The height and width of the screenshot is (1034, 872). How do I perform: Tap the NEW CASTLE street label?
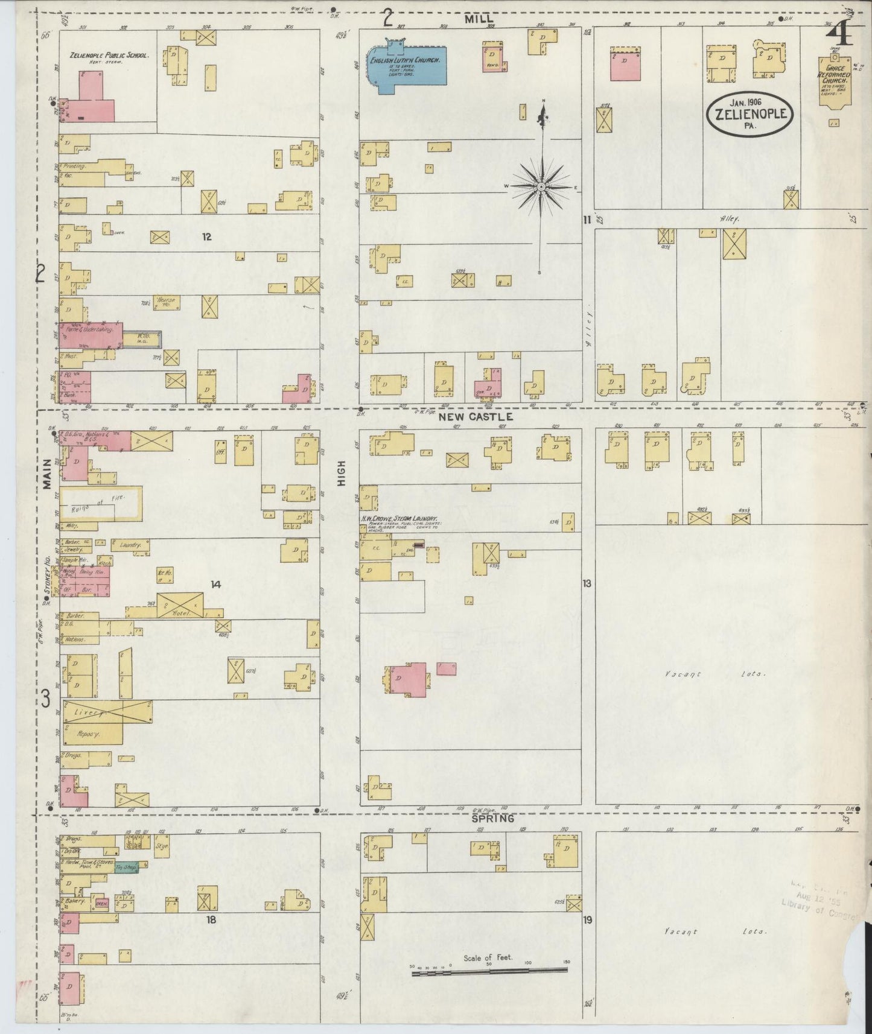(x=476, y=417)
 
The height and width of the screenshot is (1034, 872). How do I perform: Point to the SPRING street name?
(x=492, y=819)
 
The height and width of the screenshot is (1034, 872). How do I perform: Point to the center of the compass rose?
(x=542, y=187)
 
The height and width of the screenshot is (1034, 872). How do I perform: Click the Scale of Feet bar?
(x=489, y=971)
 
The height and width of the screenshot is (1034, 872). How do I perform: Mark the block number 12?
(x=206, y=236)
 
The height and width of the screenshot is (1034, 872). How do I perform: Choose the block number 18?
(x=211, y=920)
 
